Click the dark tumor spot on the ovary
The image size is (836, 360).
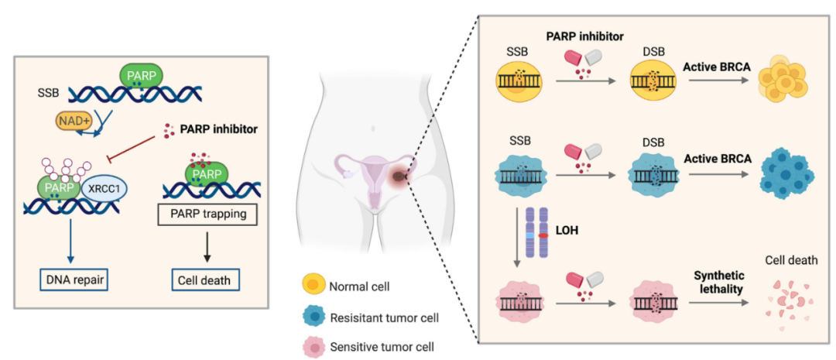click(399, 177)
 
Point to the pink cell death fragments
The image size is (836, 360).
click(790, 299)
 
